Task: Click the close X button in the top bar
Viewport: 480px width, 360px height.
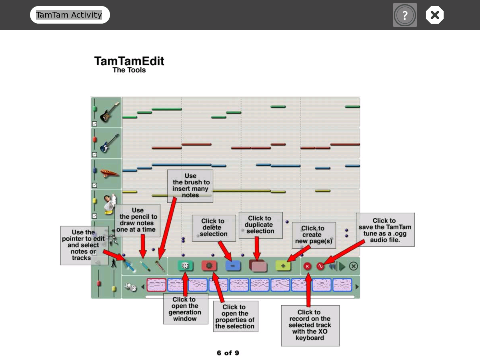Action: tap(435, 15)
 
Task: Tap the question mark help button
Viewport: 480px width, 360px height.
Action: tap(405, 15)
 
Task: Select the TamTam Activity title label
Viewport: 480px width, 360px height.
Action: tap(69, 15)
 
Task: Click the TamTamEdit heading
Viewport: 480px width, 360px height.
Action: tap(129, 61)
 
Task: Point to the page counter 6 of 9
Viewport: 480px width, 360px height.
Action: tap(228, 353)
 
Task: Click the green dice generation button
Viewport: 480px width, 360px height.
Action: tap(185, 266)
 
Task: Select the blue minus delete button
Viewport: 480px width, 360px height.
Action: tap(233, 266)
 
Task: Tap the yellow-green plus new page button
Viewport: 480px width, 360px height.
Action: tap(283, 266)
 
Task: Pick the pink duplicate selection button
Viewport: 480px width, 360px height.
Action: tap(258, 266)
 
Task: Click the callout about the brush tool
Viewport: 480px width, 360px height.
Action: tap(190, 186)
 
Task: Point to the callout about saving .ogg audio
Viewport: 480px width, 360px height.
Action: tap(385, 230)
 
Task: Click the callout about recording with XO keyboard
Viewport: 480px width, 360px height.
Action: tap(310, 325)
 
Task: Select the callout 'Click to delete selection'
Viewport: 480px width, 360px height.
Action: tap(213, 228)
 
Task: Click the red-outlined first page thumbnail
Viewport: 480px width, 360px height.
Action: tap(156, 285)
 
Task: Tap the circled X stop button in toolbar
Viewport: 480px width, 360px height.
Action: tap(353, 266)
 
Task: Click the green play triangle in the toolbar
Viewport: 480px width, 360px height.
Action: tap(342, 266)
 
